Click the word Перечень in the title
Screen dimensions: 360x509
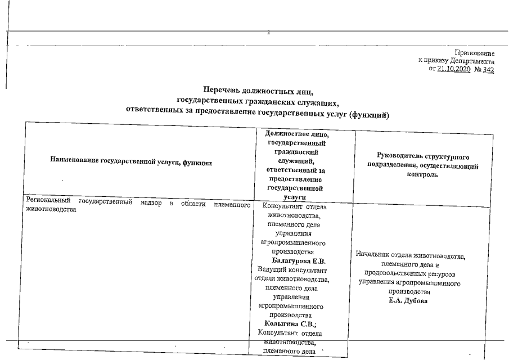click(222, 91)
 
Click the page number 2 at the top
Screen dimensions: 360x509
click(268, 33)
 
